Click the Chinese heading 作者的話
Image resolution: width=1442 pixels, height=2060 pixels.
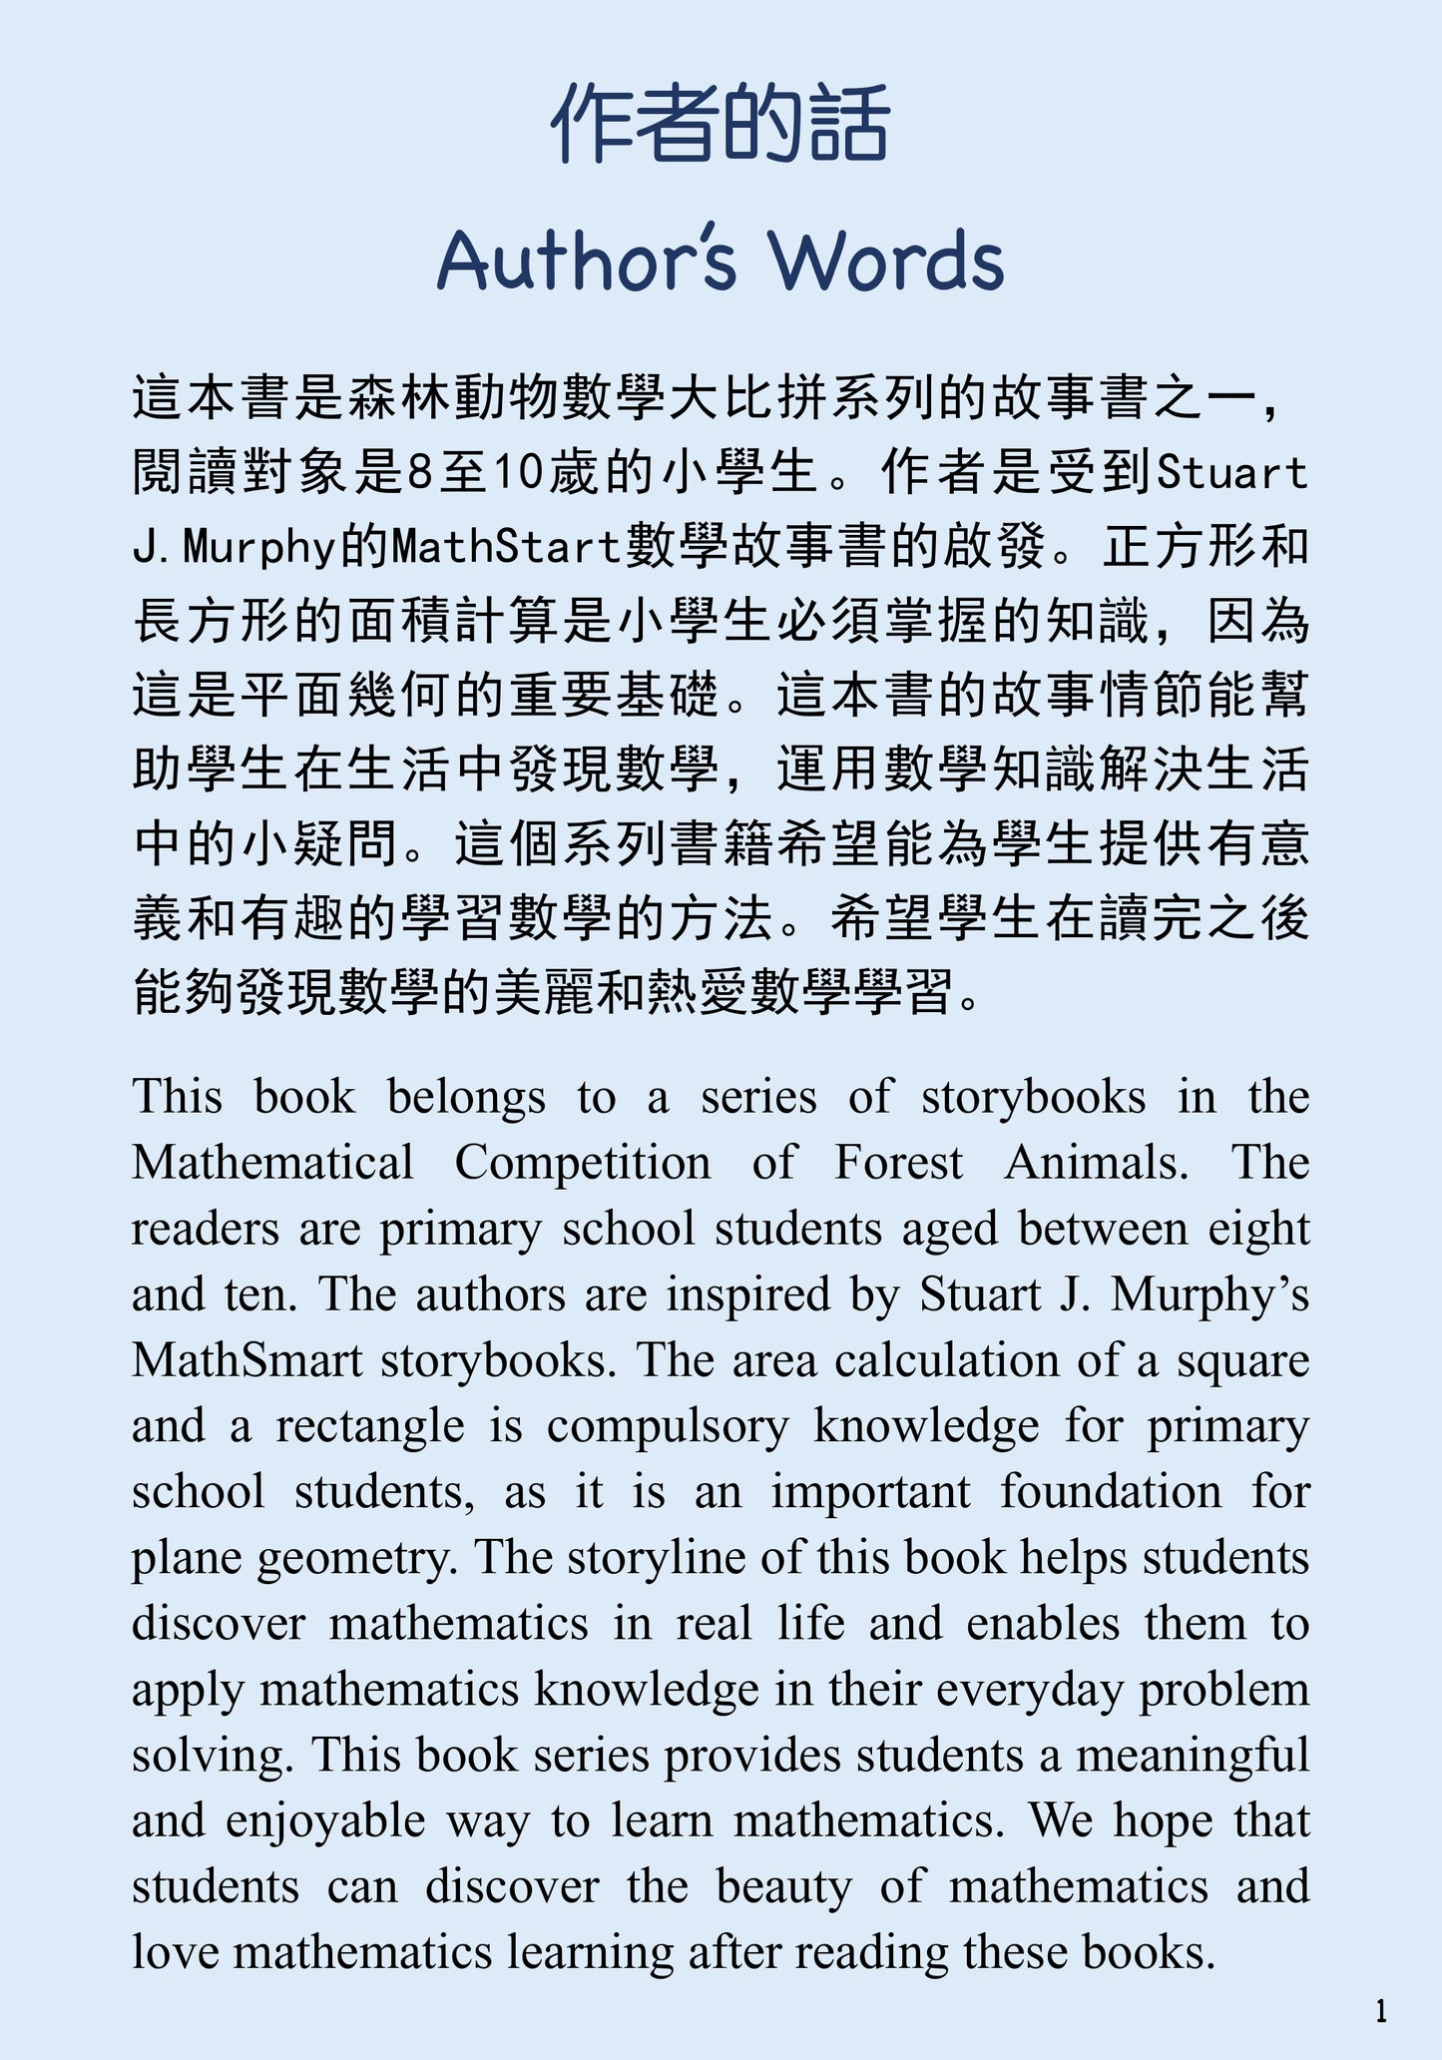tap(720, 125)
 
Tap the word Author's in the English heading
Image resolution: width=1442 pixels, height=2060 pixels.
tap(587, 260)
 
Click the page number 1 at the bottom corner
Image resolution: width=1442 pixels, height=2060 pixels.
tap(1381, 2010)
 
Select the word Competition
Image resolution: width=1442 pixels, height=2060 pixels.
tap(583, 1163)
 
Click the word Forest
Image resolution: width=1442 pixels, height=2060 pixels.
tap(898, 1163)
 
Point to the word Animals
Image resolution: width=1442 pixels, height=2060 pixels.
tap(1097, 1163)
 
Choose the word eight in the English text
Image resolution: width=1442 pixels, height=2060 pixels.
tap(1258, 1230)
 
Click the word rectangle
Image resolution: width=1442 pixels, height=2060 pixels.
tap(370, 1427)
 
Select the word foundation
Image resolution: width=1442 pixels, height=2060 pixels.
tap(1111, 1492)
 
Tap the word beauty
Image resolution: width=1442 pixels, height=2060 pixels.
tap(783, 1887)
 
